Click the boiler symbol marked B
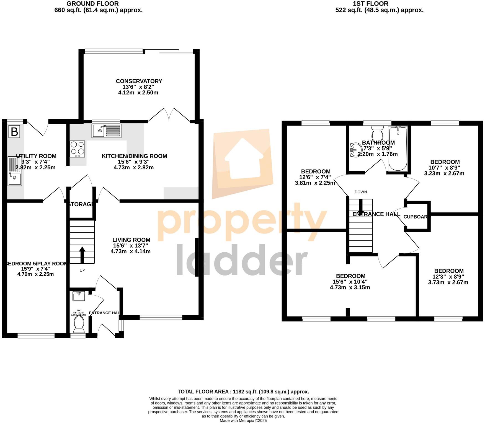point(14,132)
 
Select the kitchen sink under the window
point(106,131)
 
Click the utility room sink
point(15,171)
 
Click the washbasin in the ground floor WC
point(79,296)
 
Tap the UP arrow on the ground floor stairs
point(82,255)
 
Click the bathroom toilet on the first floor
point(377,133)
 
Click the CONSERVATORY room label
point(139,81)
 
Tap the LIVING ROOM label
point(131,240)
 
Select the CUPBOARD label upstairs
point(416,217)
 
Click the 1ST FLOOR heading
point(370,4)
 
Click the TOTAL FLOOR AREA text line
point(243,392)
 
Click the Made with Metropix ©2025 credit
point(243,421)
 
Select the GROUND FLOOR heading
point(93,4)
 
